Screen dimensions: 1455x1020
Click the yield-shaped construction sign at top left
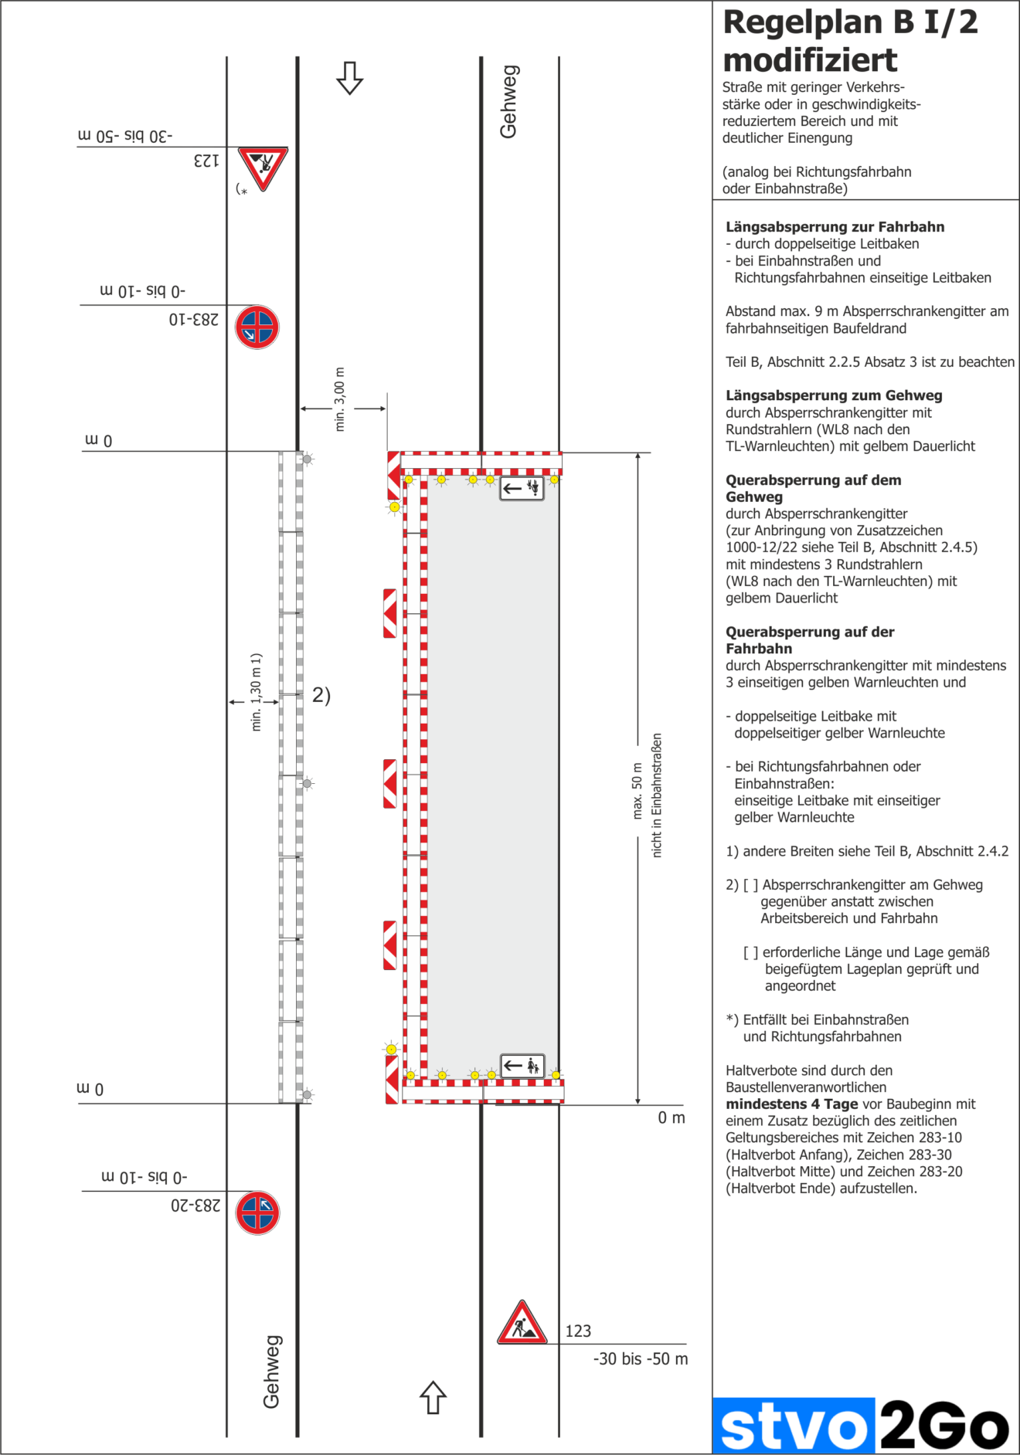click(263, 167)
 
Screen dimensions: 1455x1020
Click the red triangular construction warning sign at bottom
click(522, 1324)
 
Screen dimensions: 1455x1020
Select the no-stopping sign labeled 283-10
click(257, 327)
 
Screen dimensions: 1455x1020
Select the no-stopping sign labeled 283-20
click(257, 1212)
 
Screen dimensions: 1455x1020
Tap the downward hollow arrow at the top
click(350, 78)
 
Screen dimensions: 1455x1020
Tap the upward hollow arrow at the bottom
click(433, 1397)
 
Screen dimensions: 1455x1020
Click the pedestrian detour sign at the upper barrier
click(522, 488)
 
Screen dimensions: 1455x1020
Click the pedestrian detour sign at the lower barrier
click(522, 1067)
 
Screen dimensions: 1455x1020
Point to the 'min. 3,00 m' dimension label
click(339, 399)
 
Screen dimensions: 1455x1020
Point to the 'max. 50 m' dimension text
click(637, 791)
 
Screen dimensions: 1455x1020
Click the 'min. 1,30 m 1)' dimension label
click(257, 692)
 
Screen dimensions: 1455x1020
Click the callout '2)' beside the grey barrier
click(321, 695)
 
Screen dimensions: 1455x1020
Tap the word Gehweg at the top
click(508, 102)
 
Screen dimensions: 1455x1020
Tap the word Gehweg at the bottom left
click(271, 1372)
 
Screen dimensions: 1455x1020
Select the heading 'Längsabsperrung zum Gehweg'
click(834, 395)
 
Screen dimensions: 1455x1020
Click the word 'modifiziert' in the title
click(810, 60)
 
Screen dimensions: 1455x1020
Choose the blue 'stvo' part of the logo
click(794, 1428)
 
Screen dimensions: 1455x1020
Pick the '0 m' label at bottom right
click(671, 1118)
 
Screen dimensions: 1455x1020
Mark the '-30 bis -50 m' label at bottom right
click(640, 1358)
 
